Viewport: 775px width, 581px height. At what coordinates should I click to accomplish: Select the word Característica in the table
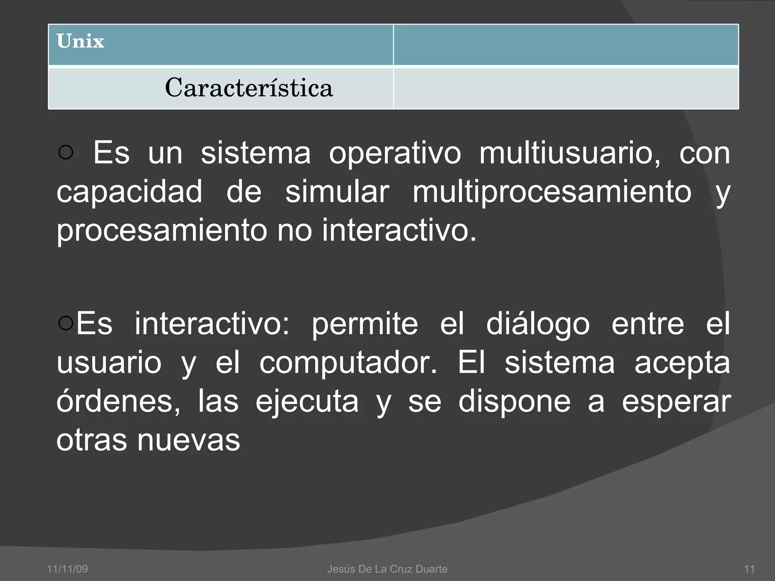point(249,88)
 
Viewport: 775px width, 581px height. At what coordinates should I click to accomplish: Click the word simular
point(337,191)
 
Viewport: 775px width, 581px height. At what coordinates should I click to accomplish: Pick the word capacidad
point(129,191)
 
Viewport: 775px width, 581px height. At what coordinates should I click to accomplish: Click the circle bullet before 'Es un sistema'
point(66,152)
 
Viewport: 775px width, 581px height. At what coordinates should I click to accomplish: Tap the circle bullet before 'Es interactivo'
point(66,323)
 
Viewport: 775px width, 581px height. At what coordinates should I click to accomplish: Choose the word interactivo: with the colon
point(212,324)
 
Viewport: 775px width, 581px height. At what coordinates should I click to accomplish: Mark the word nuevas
point(188,440)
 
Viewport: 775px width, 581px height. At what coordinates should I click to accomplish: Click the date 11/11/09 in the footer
point(67,569)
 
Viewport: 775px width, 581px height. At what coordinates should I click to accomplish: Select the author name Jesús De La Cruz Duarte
point(387,569)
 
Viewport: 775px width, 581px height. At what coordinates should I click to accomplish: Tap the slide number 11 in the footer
point(749,569)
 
